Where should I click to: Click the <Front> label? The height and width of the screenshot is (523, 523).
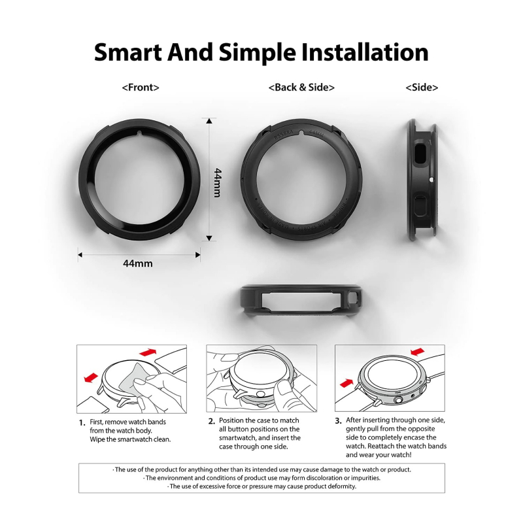(141, 88)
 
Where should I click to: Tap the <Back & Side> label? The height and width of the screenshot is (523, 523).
(301, 88)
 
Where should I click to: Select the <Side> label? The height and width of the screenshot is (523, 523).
(422, 88)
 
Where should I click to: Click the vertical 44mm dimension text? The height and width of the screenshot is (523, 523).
(217, 183)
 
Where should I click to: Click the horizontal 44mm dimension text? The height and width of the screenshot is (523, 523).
(138, 263)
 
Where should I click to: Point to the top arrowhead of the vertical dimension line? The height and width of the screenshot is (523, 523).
(209, 121)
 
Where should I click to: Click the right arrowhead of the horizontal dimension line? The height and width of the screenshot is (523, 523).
(197, 255)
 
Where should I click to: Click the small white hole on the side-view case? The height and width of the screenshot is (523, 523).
(432, 180)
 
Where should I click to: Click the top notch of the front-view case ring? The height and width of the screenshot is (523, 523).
(139, 133)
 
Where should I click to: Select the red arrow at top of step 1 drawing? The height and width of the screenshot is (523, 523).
(148, 352)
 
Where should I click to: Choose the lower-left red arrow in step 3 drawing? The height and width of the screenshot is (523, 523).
(346, 383)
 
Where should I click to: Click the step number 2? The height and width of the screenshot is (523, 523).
(211, 421)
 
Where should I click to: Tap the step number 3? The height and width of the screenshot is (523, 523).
(338, 420)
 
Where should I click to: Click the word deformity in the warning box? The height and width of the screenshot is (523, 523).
(342, 486)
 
